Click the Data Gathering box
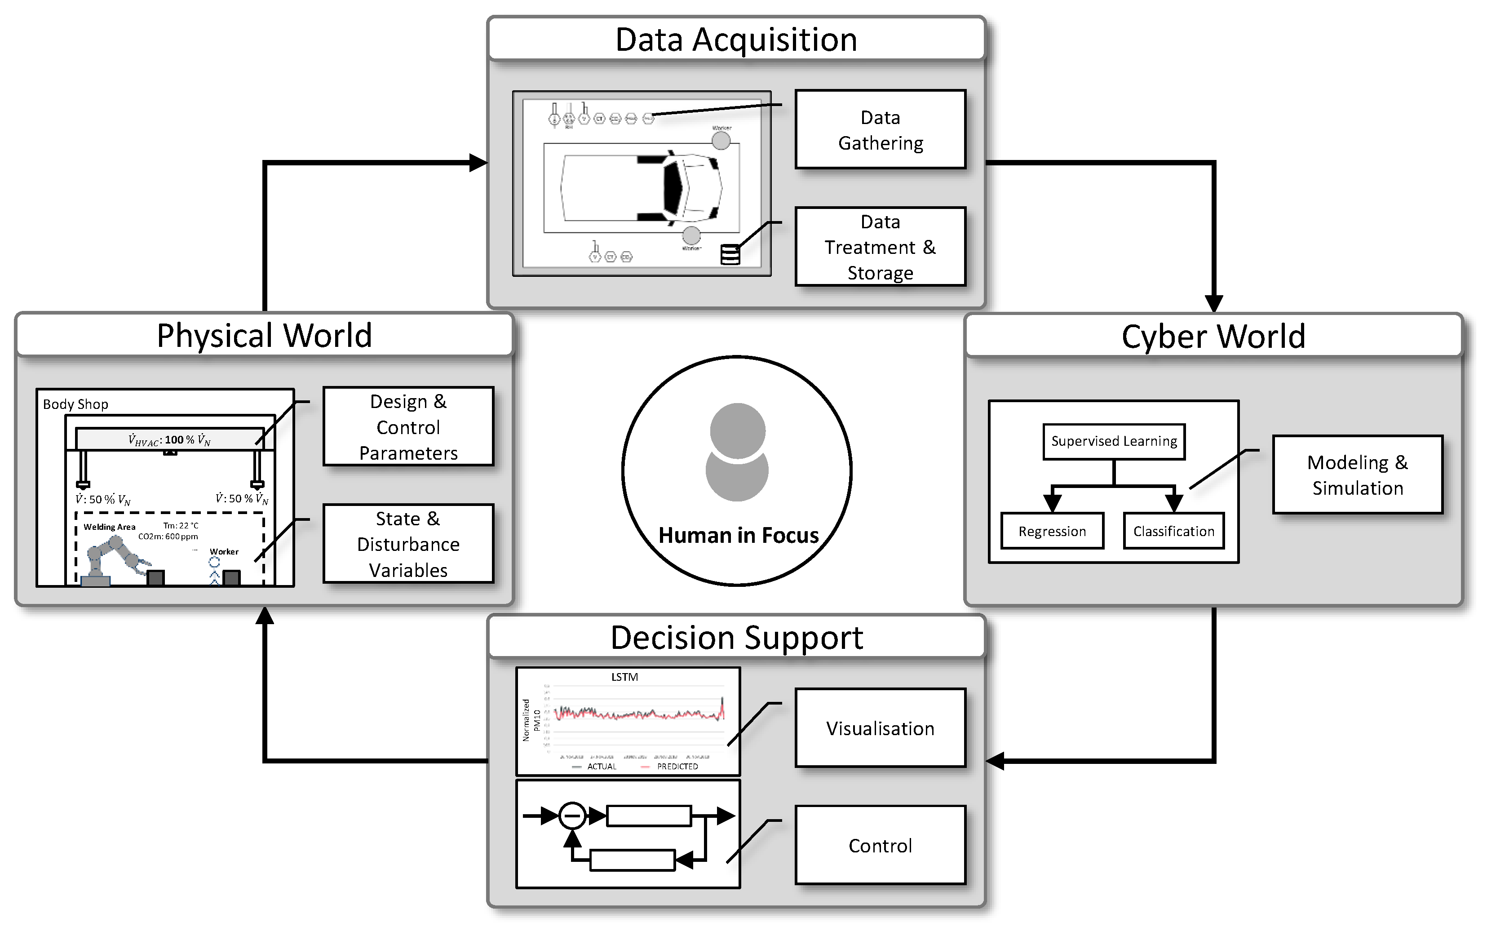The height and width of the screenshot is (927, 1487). (880, 129)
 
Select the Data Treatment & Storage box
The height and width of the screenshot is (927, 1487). (880, 246)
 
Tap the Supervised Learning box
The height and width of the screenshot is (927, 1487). (1113, 441)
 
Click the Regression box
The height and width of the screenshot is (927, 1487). (1052, 531)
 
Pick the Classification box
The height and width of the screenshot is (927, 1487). (1173, 531)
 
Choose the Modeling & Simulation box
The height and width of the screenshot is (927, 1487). (1357, 475)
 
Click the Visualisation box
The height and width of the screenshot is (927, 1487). (880, 728)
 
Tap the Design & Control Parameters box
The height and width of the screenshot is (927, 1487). (408, 427)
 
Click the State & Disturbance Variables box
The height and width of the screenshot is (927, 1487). (408, 544)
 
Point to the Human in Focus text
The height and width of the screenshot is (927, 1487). (738, 535)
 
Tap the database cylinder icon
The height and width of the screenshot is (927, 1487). (730, 254)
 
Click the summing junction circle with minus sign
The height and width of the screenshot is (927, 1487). (572, 816)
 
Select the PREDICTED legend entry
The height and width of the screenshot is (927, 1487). (676, 767)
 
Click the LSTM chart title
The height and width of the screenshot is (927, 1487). (624, 677)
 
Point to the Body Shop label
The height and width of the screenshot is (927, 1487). (75, 404)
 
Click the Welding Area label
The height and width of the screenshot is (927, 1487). (109, 527)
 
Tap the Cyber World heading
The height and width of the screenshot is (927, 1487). (1213, 336)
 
